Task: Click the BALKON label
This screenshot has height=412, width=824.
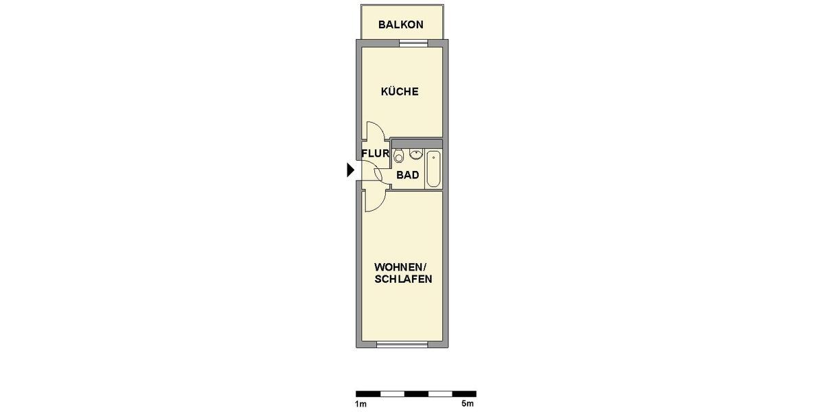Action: click(x=401, y=25)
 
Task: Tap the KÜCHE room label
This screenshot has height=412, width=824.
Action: click(x=400, y=91)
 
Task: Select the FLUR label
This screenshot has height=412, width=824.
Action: click(x=376, y=154)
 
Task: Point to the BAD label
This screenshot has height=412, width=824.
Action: click(x=407, y=175)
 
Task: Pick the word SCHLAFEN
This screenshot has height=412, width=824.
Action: click(x=403, y=279)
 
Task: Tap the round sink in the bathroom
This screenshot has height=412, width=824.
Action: click(x=416, y=154)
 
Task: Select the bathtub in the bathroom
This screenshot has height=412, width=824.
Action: click(x=434, y=168)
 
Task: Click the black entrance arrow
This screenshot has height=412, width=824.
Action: click(x=350, y=170)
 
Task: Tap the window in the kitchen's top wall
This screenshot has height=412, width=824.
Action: click(x=413, y=43)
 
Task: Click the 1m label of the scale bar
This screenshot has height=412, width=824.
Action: click(x=360, y=404)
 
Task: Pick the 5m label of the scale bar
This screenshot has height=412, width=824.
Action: click(x=468, y=404)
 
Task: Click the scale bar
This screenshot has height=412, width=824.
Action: click(x=415, y=394)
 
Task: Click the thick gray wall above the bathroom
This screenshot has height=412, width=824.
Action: click(x=416, y=142)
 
